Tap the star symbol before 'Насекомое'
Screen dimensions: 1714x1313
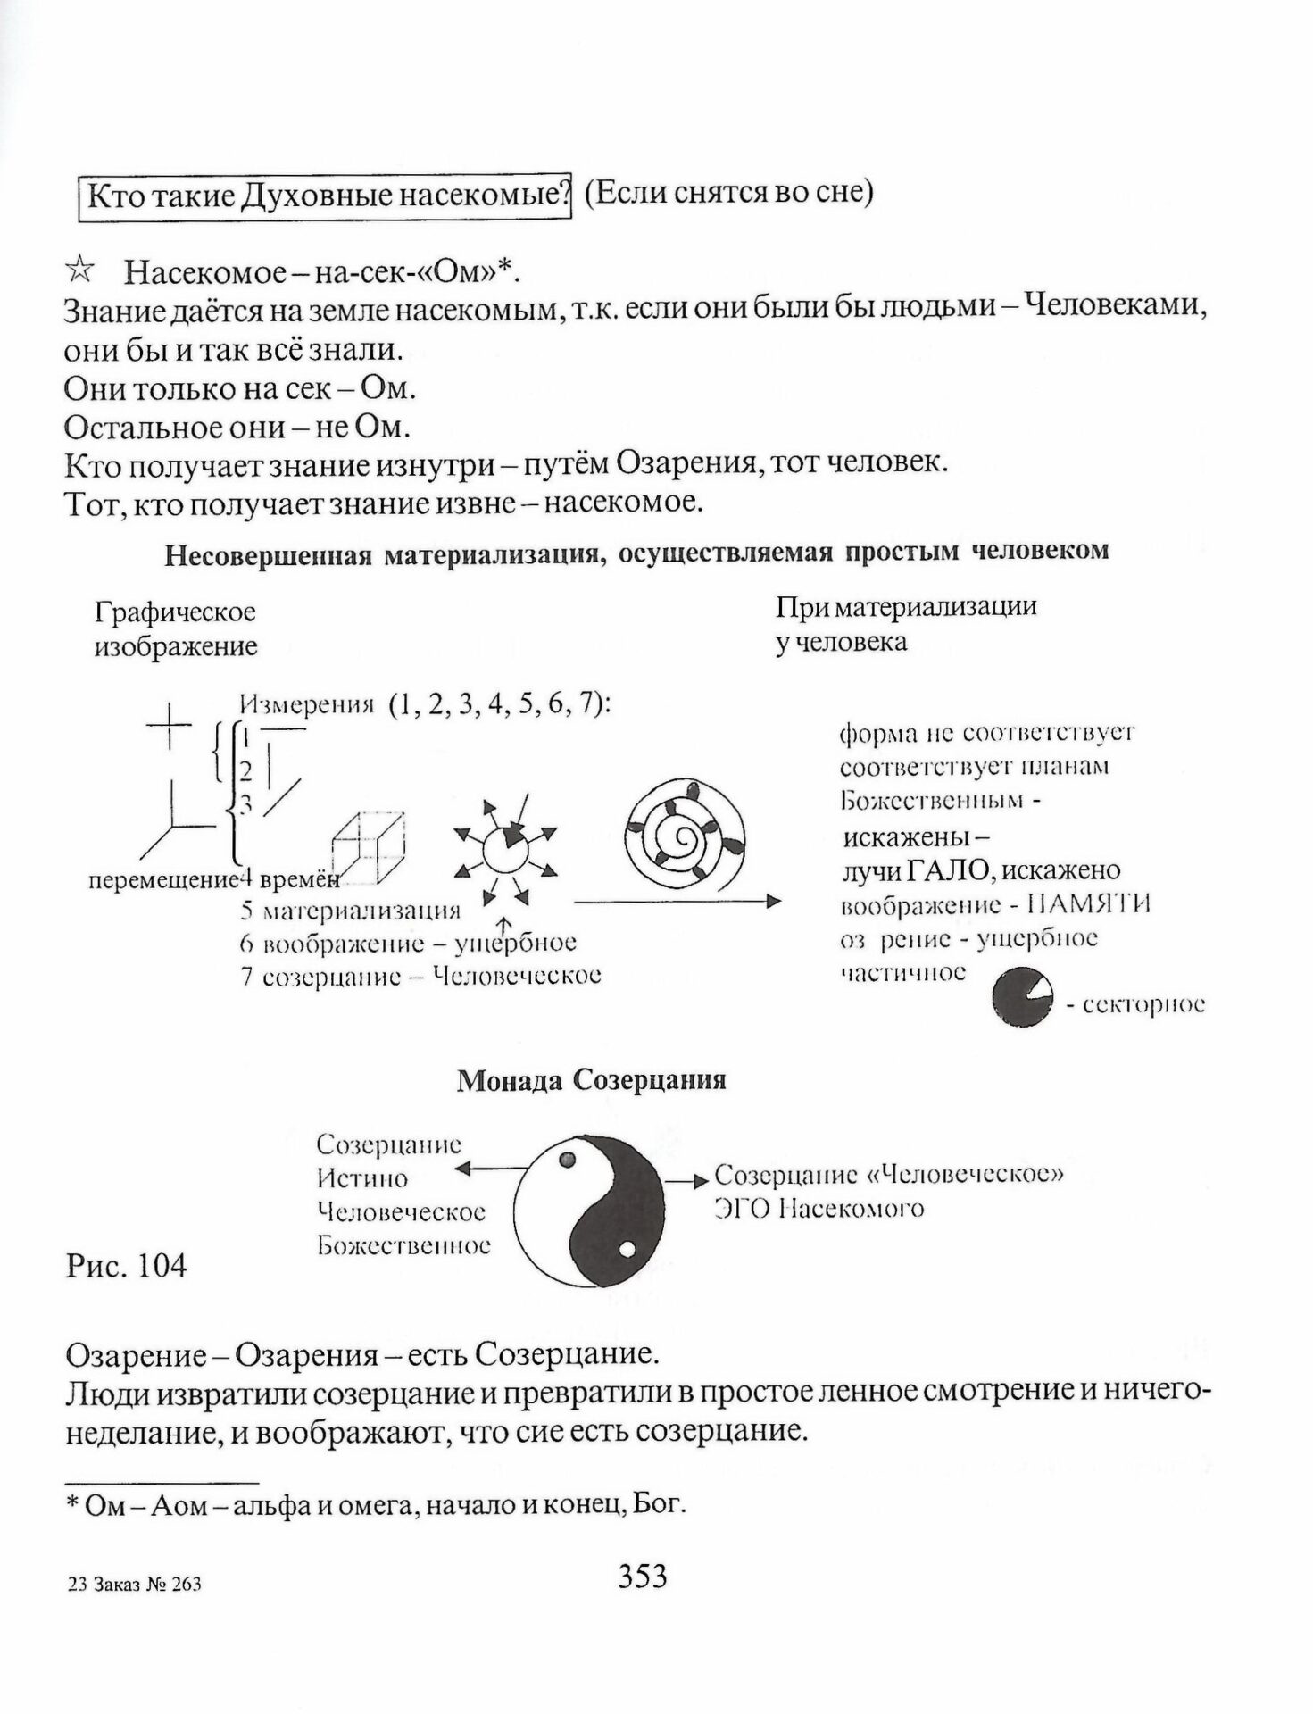80,269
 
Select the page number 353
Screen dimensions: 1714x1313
642,1577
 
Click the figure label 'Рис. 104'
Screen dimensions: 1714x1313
126,1265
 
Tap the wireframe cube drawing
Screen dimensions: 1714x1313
367,845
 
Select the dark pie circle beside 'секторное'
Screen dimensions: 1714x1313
1022,998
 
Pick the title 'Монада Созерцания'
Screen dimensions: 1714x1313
591,1081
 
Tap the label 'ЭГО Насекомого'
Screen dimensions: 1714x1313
819,1210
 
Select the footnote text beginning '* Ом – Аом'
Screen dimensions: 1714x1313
375,1505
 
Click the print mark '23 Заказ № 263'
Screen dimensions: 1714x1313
134,1585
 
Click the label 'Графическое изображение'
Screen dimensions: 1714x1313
175,628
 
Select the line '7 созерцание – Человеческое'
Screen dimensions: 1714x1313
420,976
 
